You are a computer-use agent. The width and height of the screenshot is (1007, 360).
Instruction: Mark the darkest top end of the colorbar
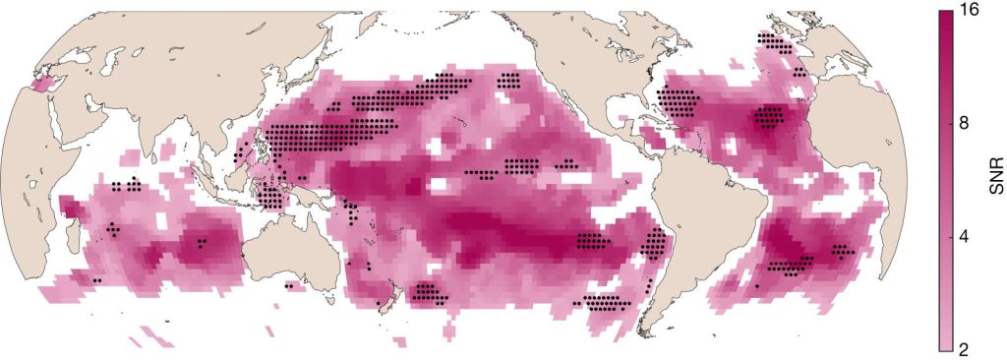tap(946, 14)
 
